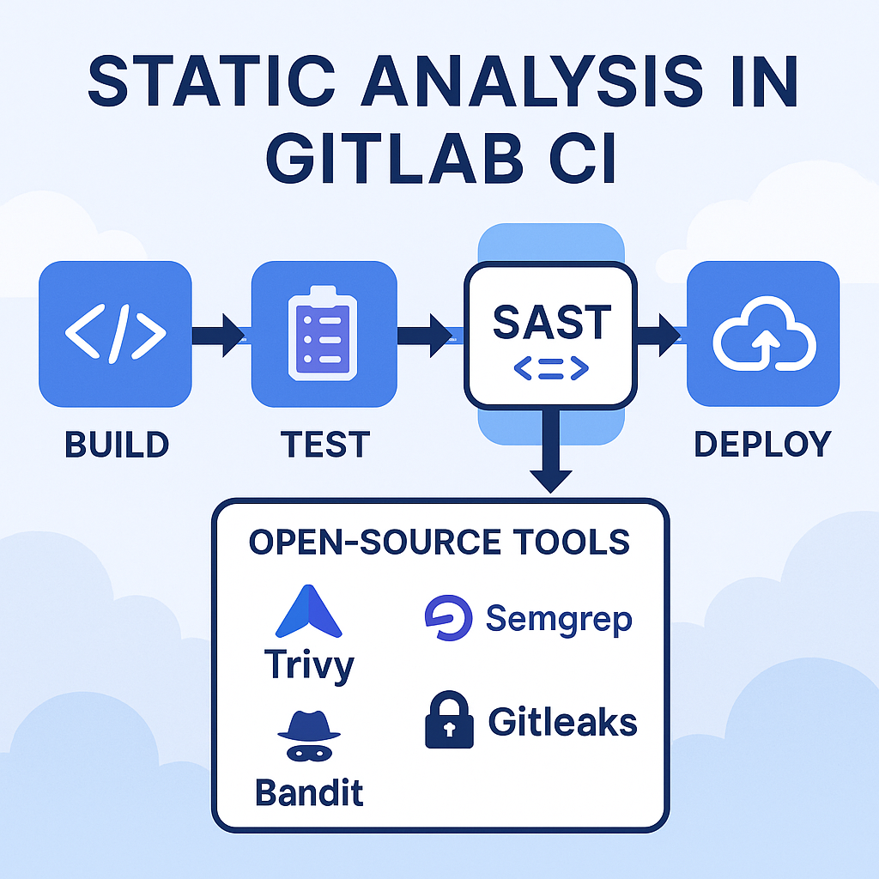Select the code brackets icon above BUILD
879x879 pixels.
(115, 336)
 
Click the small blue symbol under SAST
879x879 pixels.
(550, 369)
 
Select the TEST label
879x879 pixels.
(324, 445)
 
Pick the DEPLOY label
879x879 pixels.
(762, 445)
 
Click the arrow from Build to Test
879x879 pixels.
(220, 336)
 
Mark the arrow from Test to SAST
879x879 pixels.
(428, 336)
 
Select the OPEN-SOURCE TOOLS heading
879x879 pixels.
(439, 543)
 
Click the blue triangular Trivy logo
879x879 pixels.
(308, 611)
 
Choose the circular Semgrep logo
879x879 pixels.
(448, 619)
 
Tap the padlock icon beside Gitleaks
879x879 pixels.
(449, 722)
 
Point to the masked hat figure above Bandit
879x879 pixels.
(308, 735)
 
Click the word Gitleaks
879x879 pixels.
(562, 722)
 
